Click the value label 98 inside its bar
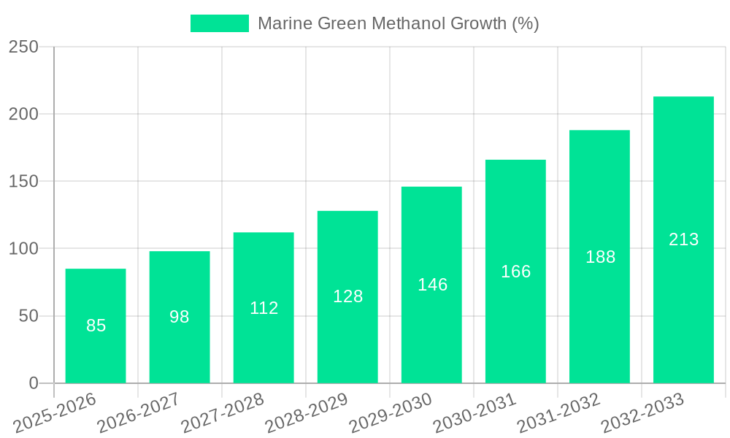pyautogui.click(x=180, y=317)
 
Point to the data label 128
pyautogui.click(x=347, y=296)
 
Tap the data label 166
pyautogui.click(x=515, y=272)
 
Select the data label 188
pyautogui.click(x=600, y=257)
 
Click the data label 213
pyautogui.click(x=683, y=239)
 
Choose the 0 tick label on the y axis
pyautogui.click(x=33, y=383)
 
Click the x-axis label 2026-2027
pyautogui.click(x=139, y=412)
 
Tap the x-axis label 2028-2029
pyautogui.click(x=307, y=412)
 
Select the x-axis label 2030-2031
pyautogui.click(x=475, y=412)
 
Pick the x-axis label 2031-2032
pyautogui.click(x=559, y=412)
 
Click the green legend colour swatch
pyautogui.click(x=219, y=23)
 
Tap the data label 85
pyautogui.click(x=96, y=326)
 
